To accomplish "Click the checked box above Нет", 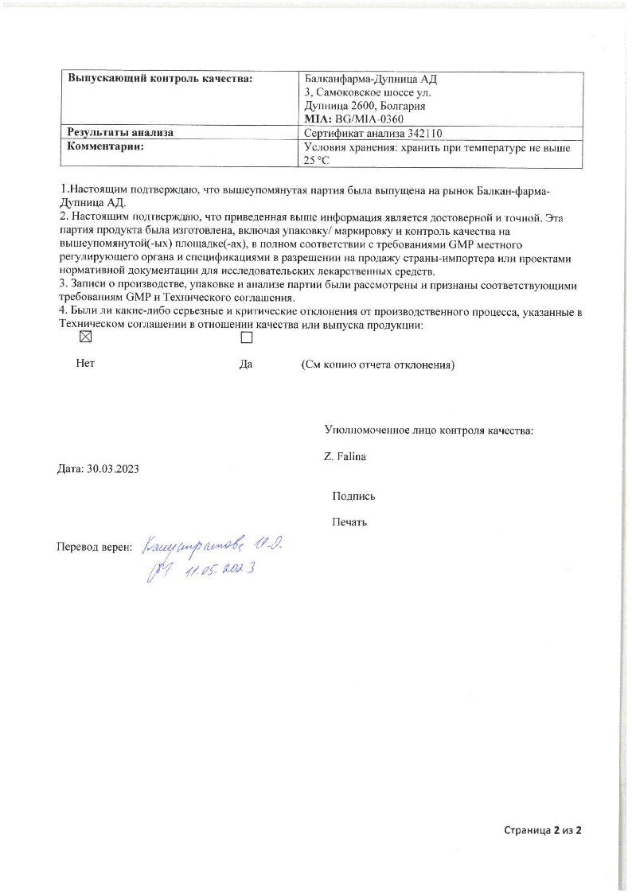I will click(x=86, y=337).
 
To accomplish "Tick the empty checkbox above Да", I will click(x=246, y=337).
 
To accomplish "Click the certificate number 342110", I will click(x=424, y=133).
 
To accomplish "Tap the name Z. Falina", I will click(x=345, y=456).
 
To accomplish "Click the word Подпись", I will click(x=353, y=496).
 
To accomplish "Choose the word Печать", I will click(x=349, y=522).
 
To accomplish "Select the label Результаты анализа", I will click(x=120, y=133).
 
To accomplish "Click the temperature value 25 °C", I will click(x=317, y=160).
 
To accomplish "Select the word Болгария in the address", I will click(x=402, y=106).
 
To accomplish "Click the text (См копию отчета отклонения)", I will click(x=377, y=365).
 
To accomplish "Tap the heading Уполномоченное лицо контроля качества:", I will click(x=428, y=431).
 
